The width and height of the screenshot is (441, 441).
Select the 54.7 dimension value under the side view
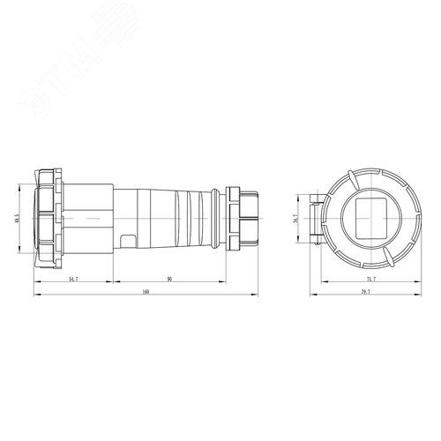pyautogui.click(x=71, y=279)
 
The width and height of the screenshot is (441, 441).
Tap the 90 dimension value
pyautogui.click(x=168, y=279)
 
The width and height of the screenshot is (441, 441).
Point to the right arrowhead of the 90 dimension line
pyautogui.click(x=227, y=284)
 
